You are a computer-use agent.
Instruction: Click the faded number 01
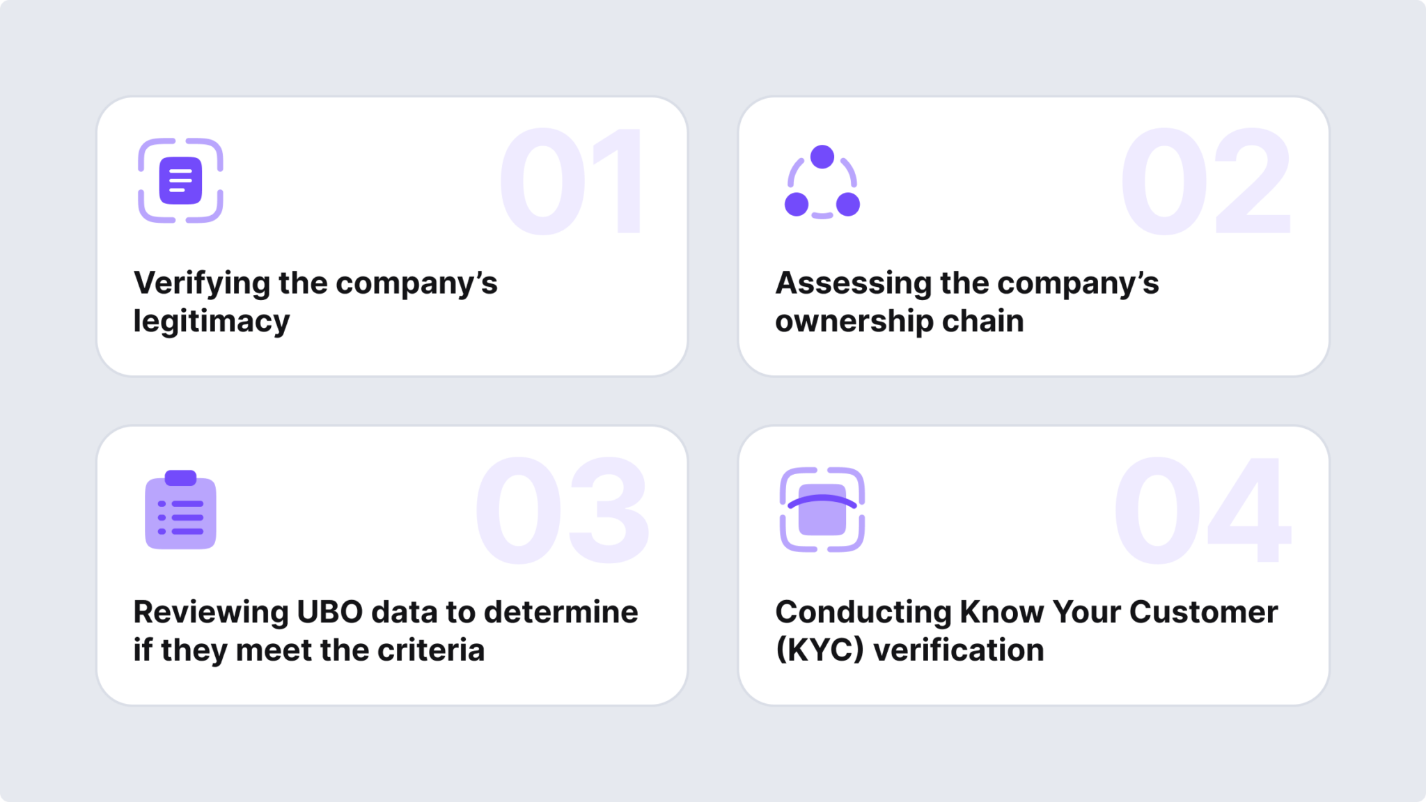pos(571,182)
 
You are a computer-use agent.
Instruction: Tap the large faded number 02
pos(1205,182)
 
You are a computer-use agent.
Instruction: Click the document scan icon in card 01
pos(180,181)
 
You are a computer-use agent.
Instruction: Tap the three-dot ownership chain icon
pos(822,182)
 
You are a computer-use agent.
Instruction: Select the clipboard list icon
pos(180,510)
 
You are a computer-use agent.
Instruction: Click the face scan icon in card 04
pos(822,510)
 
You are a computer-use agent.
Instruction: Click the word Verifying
pos(202,284)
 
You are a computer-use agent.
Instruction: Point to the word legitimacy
pos(212,322)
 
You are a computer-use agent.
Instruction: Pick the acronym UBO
pos(330,613)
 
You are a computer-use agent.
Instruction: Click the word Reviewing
pos(211,613)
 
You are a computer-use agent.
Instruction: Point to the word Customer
pos(1203,613)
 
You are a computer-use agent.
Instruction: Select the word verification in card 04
pos(959,650)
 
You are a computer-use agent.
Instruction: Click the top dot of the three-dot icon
pos(822,157)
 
